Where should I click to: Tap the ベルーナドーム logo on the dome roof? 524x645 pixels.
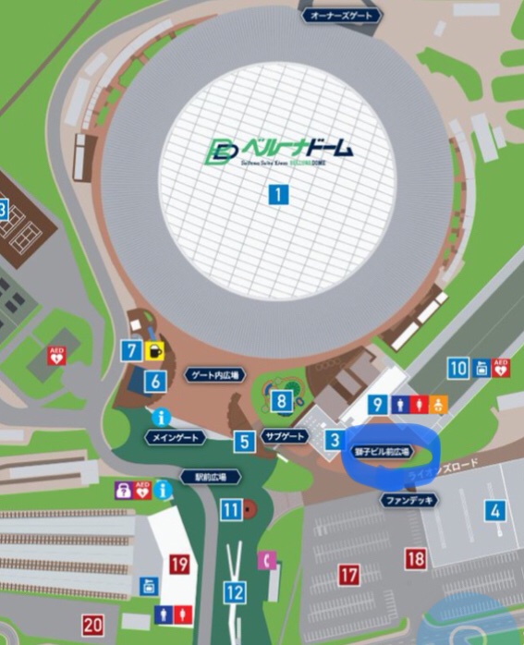(281, 151)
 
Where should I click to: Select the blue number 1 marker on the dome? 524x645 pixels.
(277, 195)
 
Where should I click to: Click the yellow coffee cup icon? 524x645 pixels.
(153, 350)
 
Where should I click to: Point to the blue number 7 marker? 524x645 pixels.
(132, 350)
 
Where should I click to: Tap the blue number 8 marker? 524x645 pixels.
(281, 401)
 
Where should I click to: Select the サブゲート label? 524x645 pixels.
(284, 436)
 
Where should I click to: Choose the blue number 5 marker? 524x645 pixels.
(244, 442)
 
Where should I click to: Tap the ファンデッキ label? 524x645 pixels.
(408, 499)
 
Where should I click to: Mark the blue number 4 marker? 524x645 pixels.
(496, 510)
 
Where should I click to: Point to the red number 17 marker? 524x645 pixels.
(348, 575)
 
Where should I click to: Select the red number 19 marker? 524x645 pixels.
(179, 564)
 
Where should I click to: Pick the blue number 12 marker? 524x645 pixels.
(235, 592)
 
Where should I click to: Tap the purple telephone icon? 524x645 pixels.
(269, 559)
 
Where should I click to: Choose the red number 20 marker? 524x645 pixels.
(92, 625)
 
